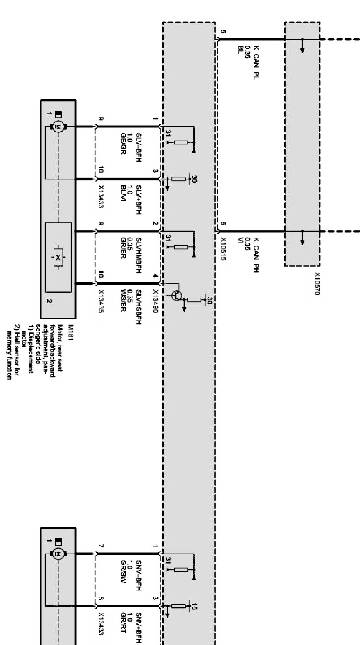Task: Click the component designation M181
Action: pos(70,332)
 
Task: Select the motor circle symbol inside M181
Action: pos(58,126)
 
